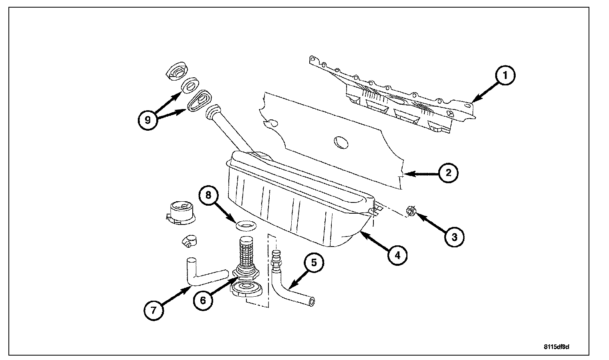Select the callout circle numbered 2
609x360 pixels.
coord(448,173)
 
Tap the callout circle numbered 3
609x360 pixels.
coord(454,237)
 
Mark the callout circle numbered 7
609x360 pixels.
coord(155,310)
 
